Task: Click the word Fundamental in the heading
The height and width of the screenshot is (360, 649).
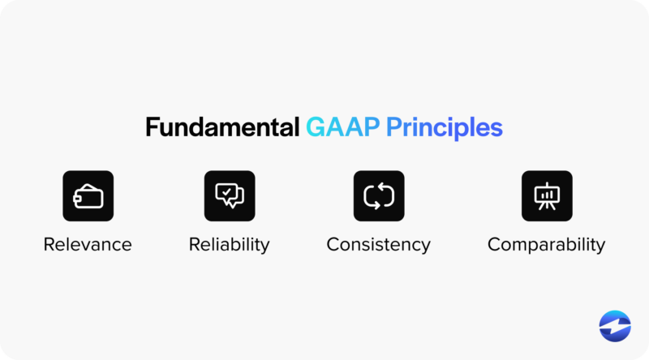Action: coord(222,128)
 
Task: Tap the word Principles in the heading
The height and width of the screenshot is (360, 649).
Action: coord(444,128)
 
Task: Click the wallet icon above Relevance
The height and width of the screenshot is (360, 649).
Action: coord(88,195)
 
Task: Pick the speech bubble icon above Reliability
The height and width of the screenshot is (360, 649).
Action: coord(230,195)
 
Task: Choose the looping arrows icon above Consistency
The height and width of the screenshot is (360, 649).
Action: coord(378,195)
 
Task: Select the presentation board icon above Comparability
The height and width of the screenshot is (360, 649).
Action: coord(546,195)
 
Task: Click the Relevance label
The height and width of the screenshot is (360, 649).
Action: coord(88,244)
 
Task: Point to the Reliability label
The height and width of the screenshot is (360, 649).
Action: coord(230,244)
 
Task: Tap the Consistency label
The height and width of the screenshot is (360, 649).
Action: coord(378,244)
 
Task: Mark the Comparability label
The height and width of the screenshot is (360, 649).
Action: coord(546,244)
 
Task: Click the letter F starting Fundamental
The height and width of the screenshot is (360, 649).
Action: coord(152,128)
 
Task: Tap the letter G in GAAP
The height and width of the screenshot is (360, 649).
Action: coord(315,128)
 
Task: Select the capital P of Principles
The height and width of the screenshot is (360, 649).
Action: coord(392,128)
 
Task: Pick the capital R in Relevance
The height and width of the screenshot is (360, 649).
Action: coord(49,244)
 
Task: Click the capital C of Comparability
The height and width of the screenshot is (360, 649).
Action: coord(494,244)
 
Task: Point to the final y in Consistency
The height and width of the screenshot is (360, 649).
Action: coord(426,246)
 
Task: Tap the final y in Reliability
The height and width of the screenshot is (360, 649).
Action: coord(265,246)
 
